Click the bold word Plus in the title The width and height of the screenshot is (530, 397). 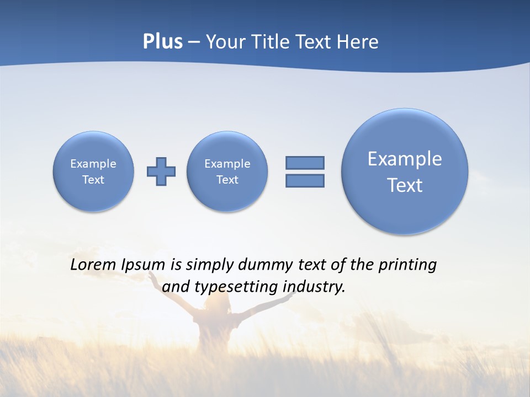[x=162, y=42]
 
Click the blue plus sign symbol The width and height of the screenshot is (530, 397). [x=161, y=171]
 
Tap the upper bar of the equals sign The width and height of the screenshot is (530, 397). [x=305, y=163]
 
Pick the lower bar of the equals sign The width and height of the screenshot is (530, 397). [x=305, y=181]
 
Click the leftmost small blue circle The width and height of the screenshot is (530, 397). [x=93, y=171]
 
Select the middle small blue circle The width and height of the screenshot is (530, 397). [x=227, y=171]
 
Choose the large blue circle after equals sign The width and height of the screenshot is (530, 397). [x=405, y=171]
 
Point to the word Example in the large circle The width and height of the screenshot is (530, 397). [x=405, y=159]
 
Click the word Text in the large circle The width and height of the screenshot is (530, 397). [x=405, y=185]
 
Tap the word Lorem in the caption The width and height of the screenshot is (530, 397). [x=93, y=265]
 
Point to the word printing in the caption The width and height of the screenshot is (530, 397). [x=407, y=265]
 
